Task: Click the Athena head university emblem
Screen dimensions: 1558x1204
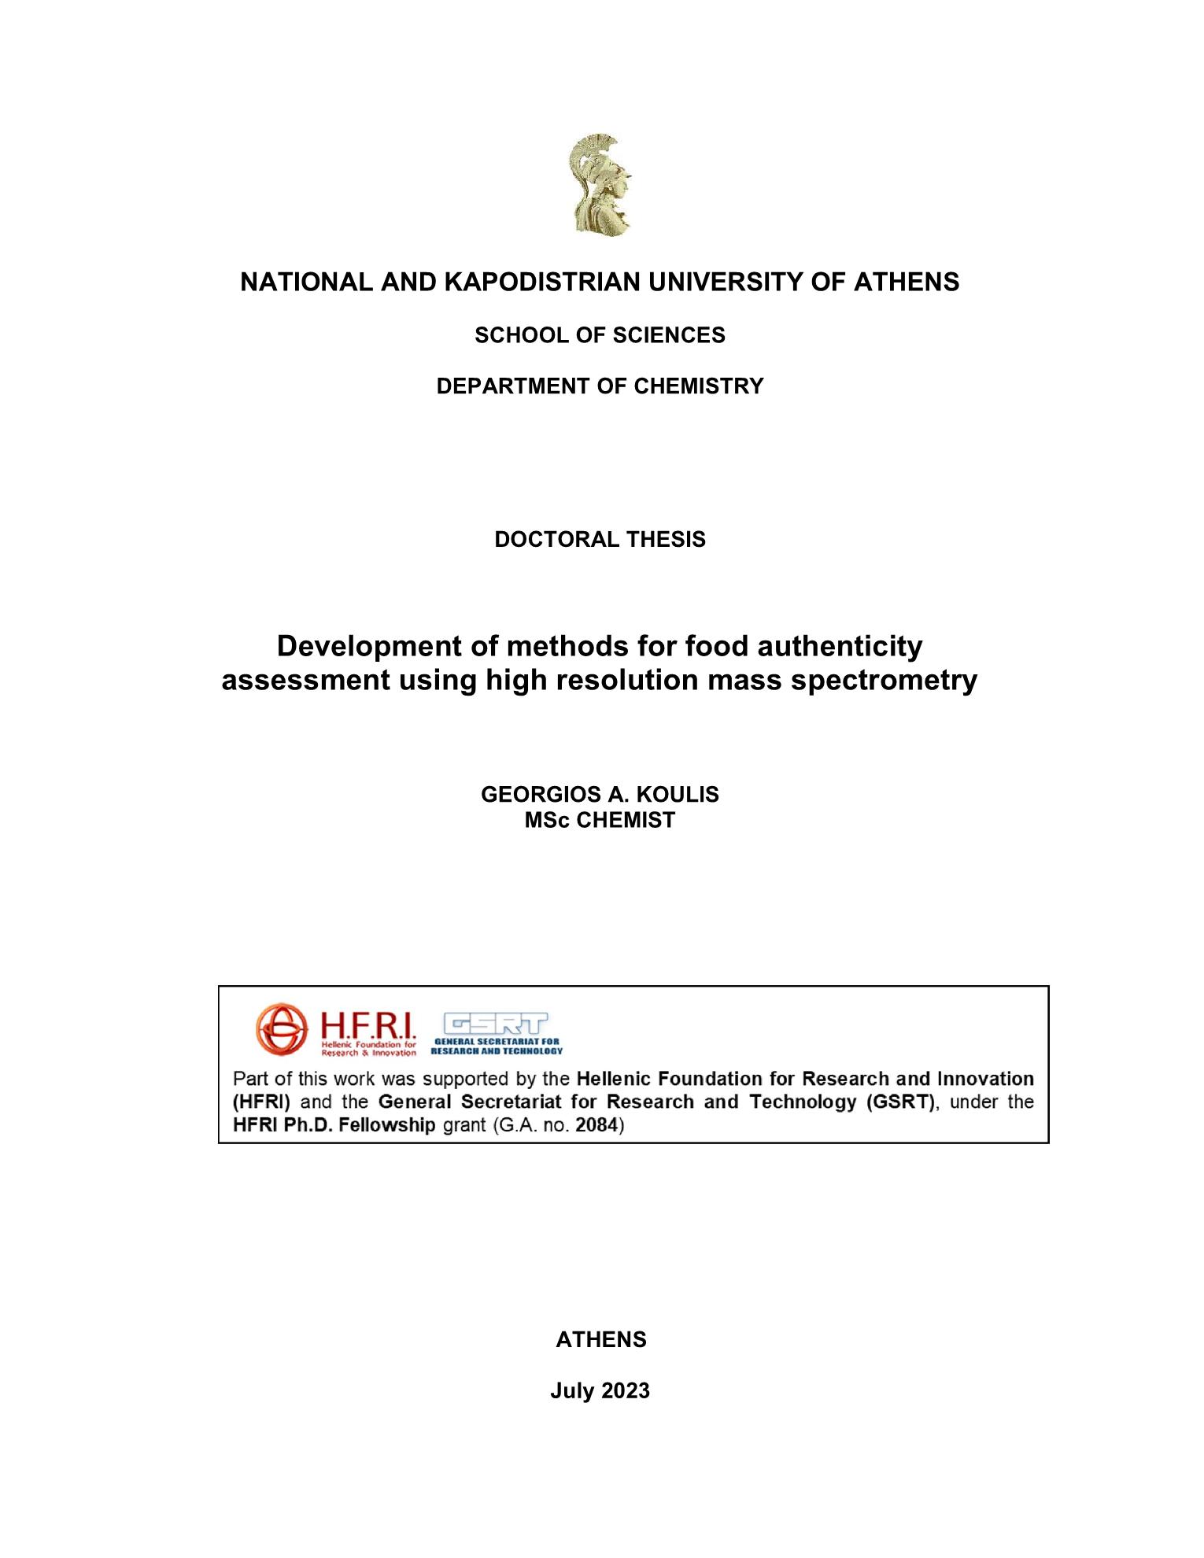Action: click(x=600, y=184)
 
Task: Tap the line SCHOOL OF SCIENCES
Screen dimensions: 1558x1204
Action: click(x=600, y=335)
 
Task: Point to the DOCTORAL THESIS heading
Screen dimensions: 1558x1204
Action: click(x=600, y=540)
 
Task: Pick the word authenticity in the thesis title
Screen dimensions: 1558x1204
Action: click(x=840, y=646)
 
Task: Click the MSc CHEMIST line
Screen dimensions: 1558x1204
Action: click(x=600, y=820)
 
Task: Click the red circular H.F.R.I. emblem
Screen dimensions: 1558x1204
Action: click(x=281, y=1028)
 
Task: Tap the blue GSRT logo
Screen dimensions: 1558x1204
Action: click(x=497, y=1032)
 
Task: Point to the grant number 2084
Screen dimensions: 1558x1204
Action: click(x=596, y=1124)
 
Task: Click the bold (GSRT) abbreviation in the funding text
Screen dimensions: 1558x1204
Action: click(x=900, y=1102)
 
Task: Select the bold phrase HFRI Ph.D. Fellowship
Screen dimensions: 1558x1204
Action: click(x=334, y=1124)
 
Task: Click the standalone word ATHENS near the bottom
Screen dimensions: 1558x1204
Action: click(x=601, y=1340)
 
